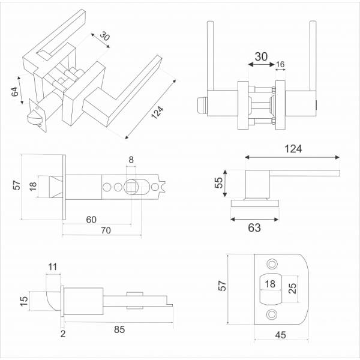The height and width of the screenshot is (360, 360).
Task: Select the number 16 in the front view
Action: pos(280,64)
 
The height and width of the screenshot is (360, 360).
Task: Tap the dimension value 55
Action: pos(220,182)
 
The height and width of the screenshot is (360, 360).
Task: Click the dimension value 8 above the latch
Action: pos(131,160)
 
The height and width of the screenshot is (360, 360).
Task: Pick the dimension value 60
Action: pos(91,220)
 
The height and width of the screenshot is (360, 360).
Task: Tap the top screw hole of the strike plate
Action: pos(272,264)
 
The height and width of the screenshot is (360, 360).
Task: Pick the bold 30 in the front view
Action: pos(261,56)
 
